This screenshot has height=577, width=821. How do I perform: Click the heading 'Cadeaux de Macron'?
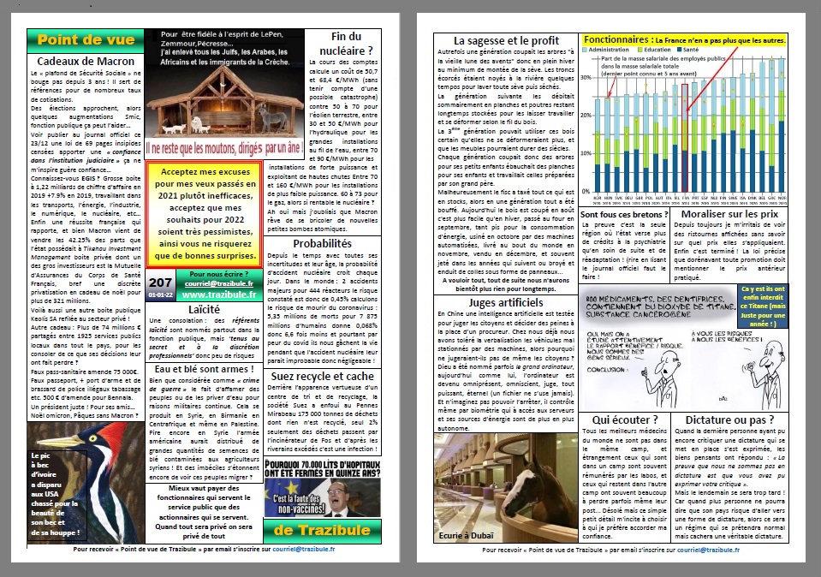point(84,61)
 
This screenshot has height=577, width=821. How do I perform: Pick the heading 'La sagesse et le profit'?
point(506,40)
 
